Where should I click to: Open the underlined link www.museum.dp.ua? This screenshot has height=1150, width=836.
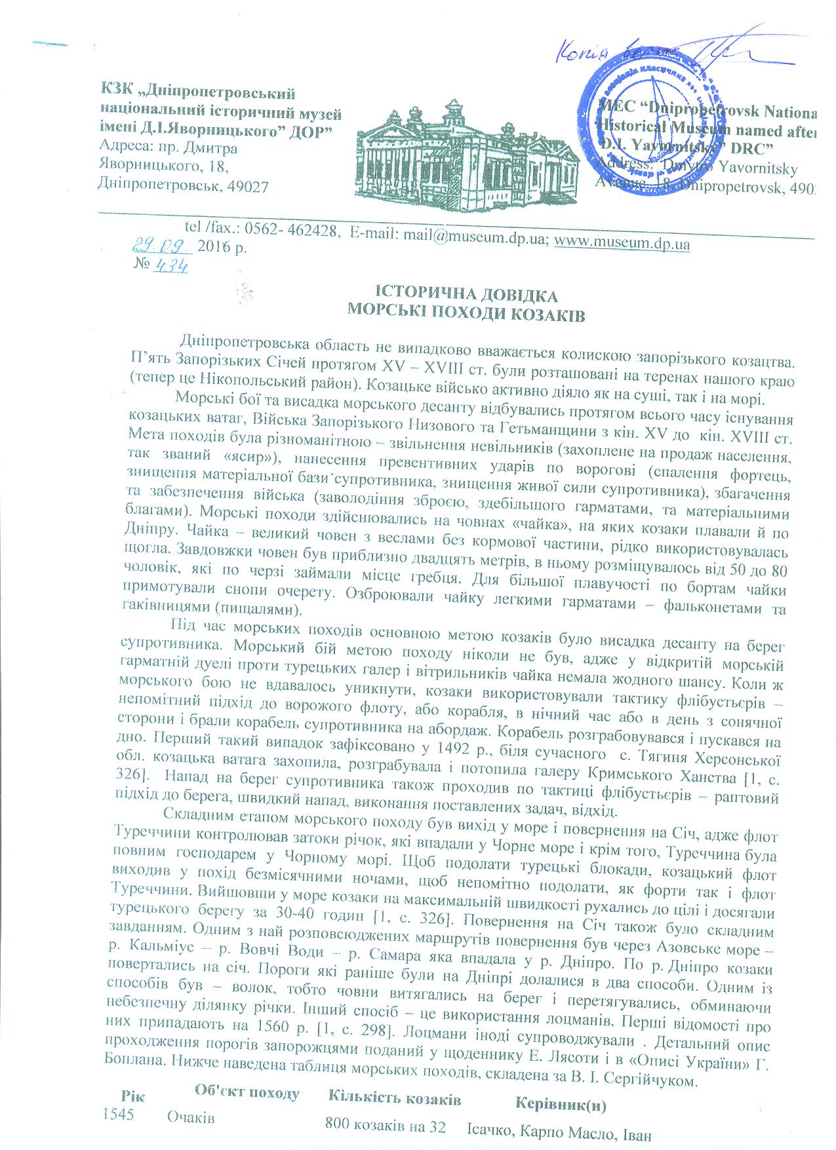(622, 244)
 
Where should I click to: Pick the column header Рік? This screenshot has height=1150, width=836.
(133, 1096)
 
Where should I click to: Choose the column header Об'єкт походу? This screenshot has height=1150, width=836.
(247, 1093)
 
